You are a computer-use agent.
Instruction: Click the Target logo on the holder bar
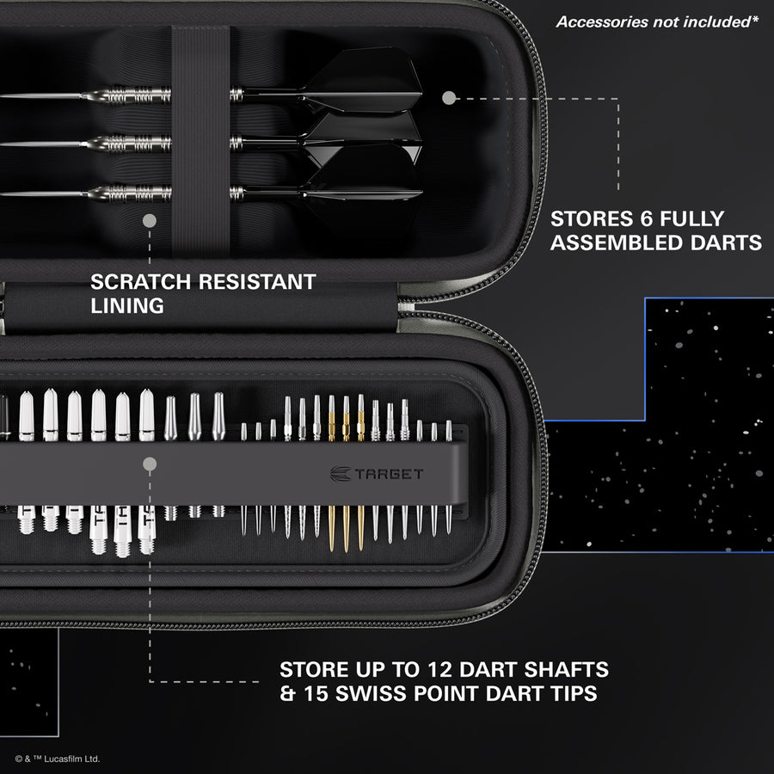tap(377, 473)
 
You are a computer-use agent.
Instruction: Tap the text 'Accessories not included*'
tap(657, 21)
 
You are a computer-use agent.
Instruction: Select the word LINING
tap(127, 305)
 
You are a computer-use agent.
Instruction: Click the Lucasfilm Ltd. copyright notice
tap(58, 759)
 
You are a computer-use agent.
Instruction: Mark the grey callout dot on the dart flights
tap(448, 98)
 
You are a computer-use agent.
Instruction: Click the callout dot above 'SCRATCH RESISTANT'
tap(149, 221)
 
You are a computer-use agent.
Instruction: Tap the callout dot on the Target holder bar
tap(150, 464)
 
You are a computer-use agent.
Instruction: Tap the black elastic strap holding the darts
tap(200, 138)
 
